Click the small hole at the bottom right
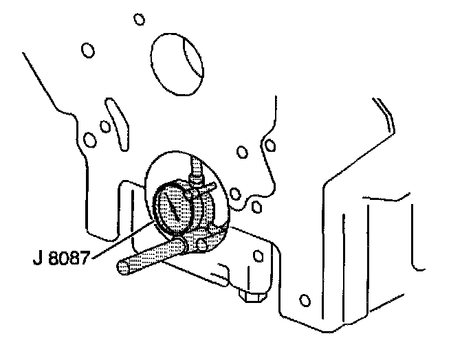coord(305,300)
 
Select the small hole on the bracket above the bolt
coord(258,256)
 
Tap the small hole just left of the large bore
coord(87,50)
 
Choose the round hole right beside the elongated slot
coord(104,126)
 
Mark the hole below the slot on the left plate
coord(89,140)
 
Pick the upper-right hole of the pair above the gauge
coord(270,144)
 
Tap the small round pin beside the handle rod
coord(201,244)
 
